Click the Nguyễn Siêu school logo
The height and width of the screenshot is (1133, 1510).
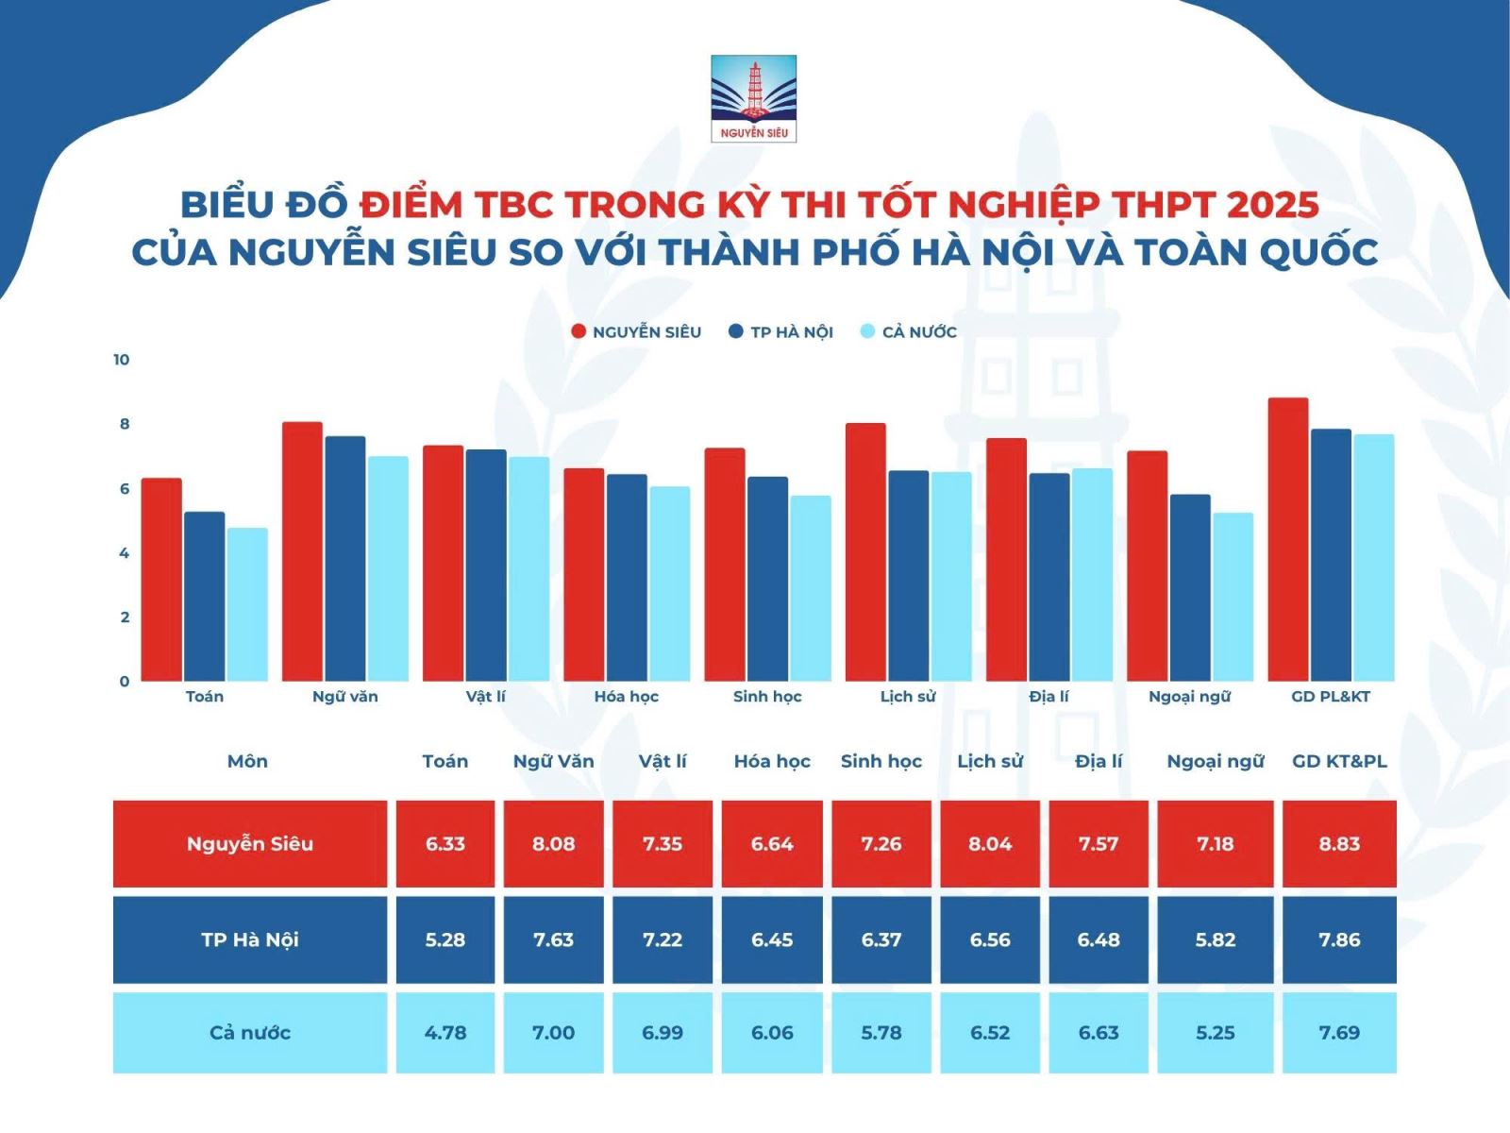[753, 98]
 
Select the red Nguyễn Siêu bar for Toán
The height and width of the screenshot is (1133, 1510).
[161, 579]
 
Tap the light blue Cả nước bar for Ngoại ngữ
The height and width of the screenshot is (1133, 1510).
[1233, 597]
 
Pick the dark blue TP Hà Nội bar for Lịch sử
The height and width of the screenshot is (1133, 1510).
[908, 576]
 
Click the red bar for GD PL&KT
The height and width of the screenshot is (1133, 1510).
[1288, 539]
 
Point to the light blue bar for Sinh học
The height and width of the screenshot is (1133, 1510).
[811, 588]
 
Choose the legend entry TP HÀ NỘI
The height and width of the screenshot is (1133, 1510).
[780, 332]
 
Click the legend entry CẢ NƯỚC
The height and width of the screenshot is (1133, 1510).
[909, 332]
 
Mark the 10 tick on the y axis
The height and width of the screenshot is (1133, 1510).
[121, 360]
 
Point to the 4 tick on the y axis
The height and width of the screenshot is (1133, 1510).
[125, 553]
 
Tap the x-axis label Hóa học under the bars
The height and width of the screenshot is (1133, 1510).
[626, 696]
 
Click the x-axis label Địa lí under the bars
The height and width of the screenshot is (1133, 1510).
[1049, 696]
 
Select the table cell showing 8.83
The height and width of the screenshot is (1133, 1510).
[1338, 843]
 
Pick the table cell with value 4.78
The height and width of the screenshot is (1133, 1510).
[445, 1032]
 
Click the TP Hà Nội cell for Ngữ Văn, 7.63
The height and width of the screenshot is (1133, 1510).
[553, 939]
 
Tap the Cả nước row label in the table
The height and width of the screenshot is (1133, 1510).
[250, 1032]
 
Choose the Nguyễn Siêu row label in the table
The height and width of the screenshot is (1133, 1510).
[250, 843]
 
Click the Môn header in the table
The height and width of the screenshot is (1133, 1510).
[247, 761]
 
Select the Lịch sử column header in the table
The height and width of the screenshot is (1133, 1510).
[990, 762]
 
